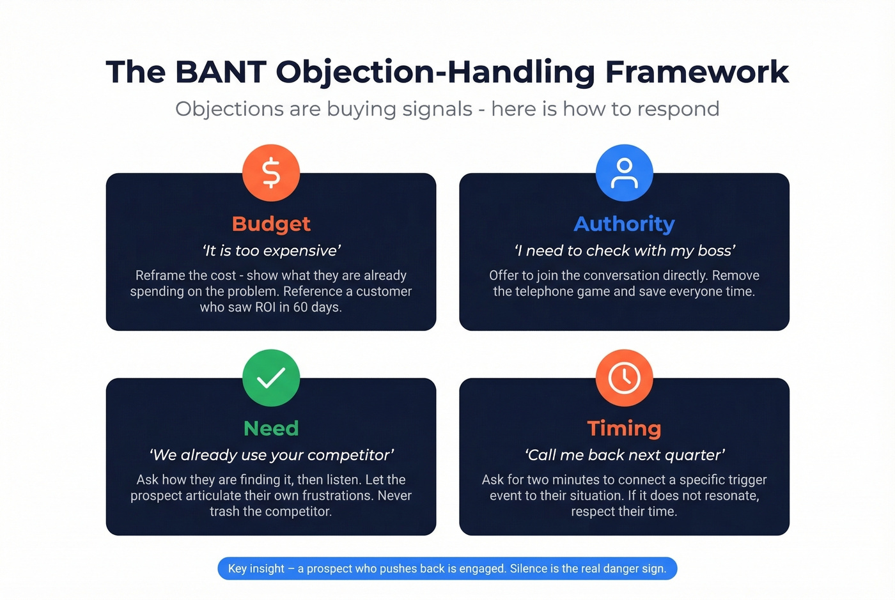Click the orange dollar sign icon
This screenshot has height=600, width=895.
pos(271,173)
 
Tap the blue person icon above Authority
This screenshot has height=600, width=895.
pos(624,173)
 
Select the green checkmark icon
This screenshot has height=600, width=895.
pos(271,378)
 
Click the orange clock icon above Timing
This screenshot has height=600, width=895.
pos(624,378)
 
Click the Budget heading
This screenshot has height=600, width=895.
pos(271,224)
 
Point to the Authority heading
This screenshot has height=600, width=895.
pos(624,224)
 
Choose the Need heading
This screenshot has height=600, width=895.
pos(271,428)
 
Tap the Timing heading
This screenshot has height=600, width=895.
pos(624,428)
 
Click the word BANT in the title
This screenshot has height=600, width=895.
pos(221,72)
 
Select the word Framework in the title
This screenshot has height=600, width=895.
pos(697,72)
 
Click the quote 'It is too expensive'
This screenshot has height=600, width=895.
pos(271,250)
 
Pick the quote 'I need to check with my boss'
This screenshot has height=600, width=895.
pos(625,250)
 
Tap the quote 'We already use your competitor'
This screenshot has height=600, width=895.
pos(271,455)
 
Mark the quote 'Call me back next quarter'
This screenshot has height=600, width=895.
pos(625,455)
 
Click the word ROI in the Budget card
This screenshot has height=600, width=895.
pos(262,307)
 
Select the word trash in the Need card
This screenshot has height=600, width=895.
pos(224,511)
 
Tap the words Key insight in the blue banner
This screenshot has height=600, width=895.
pos(256,569)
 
